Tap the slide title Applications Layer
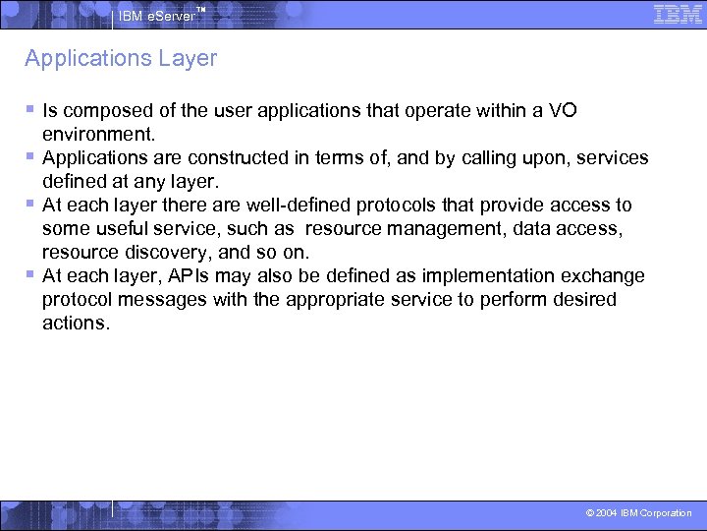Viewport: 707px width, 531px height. coord(121,59)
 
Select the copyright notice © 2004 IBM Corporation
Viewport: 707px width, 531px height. coord(638,513)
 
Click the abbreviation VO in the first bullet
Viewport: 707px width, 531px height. coord(563,111)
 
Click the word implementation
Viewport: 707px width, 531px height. coord(491,276)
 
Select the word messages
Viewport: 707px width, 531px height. coord(168,300)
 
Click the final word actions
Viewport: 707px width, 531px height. coord(74,324)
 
